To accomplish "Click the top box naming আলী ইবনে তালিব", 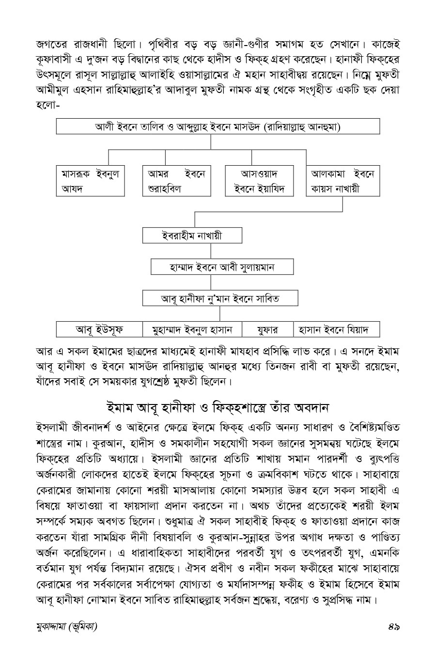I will pyautogui.click(x=218, y=127).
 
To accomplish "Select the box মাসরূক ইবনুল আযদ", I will pyautogui.click(x=90, y=181).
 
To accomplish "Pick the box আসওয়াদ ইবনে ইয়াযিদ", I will pyautogui.click(x=260, y=181).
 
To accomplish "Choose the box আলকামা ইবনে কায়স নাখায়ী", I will pyautogui.click(x=343, y=181).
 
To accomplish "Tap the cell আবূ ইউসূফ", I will pyautogui.click(x=99, y=329).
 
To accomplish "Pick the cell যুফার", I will pyautogui.click(x=267, y=329).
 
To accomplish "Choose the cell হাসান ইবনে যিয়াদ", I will pyautogui.click(x=336, y=329).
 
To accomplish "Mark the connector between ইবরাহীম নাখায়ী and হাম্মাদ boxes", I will pyautogui.click(x=211, y=251).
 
